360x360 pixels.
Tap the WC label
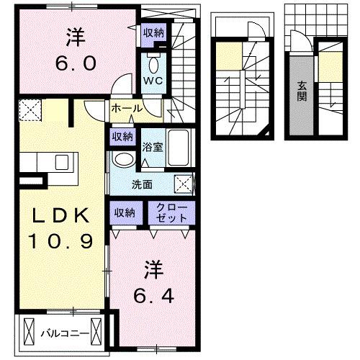[x=152, y=81]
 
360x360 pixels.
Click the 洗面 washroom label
[x=141, y=184]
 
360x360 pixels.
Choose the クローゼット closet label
[x=171, y=212]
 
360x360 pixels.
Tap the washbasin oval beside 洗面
[x=124, y=159]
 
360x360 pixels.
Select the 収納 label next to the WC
[x=153, y=32]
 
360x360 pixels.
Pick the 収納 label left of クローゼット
[x=124, y=212]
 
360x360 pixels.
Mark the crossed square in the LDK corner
[x=30, y=110]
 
